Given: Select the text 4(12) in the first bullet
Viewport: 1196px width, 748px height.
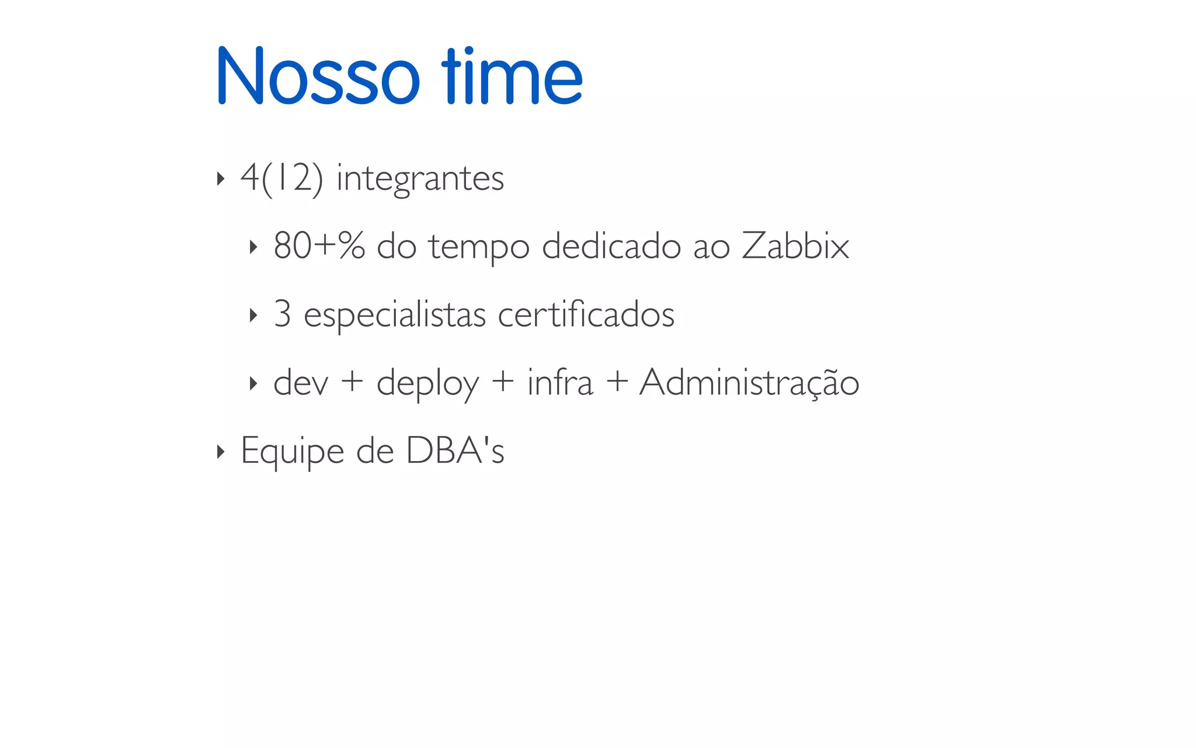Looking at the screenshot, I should pos(281,178).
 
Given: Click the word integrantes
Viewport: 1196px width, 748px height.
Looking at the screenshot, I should pos(420,179).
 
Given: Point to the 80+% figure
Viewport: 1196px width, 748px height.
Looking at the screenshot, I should pos(319,245).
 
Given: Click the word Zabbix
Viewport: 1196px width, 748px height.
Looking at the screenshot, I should pos(795,245).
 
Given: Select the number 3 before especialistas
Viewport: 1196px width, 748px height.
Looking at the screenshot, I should pos(283,314).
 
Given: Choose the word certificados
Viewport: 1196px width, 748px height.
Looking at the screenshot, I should pos(586,314).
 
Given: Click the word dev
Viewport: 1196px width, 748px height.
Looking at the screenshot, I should pos(301,383).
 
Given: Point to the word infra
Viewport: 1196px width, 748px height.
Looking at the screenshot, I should pos(559,382).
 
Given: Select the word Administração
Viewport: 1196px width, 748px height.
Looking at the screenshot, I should pos(749,383).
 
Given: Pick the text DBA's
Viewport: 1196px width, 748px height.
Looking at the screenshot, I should pos(455,451).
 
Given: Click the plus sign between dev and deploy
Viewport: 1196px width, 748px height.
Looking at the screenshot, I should pos(352,383).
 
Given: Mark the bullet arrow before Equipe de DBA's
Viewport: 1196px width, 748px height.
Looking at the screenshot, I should pos(220,452).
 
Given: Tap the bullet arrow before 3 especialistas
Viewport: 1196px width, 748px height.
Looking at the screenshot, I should pos(253,316).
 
